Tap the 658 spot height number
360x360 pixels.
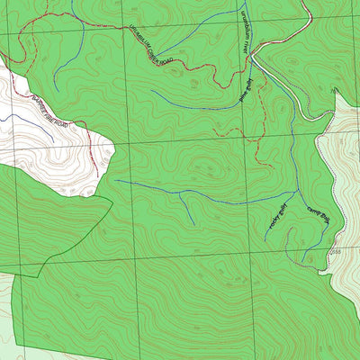coord(334,255)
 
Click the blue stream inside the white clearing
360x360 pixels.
coord(18,119)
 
